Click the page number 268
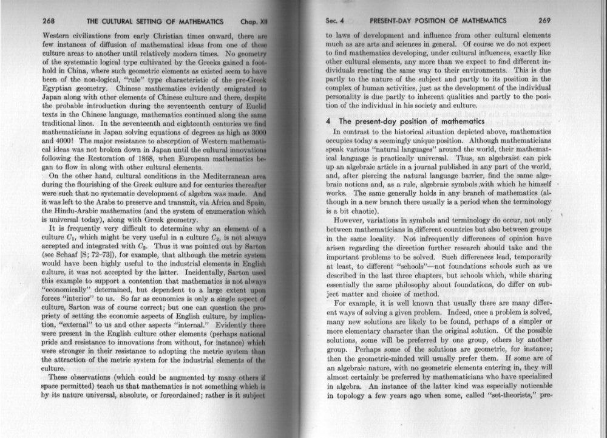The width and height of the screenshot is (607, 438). point(49,20)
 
